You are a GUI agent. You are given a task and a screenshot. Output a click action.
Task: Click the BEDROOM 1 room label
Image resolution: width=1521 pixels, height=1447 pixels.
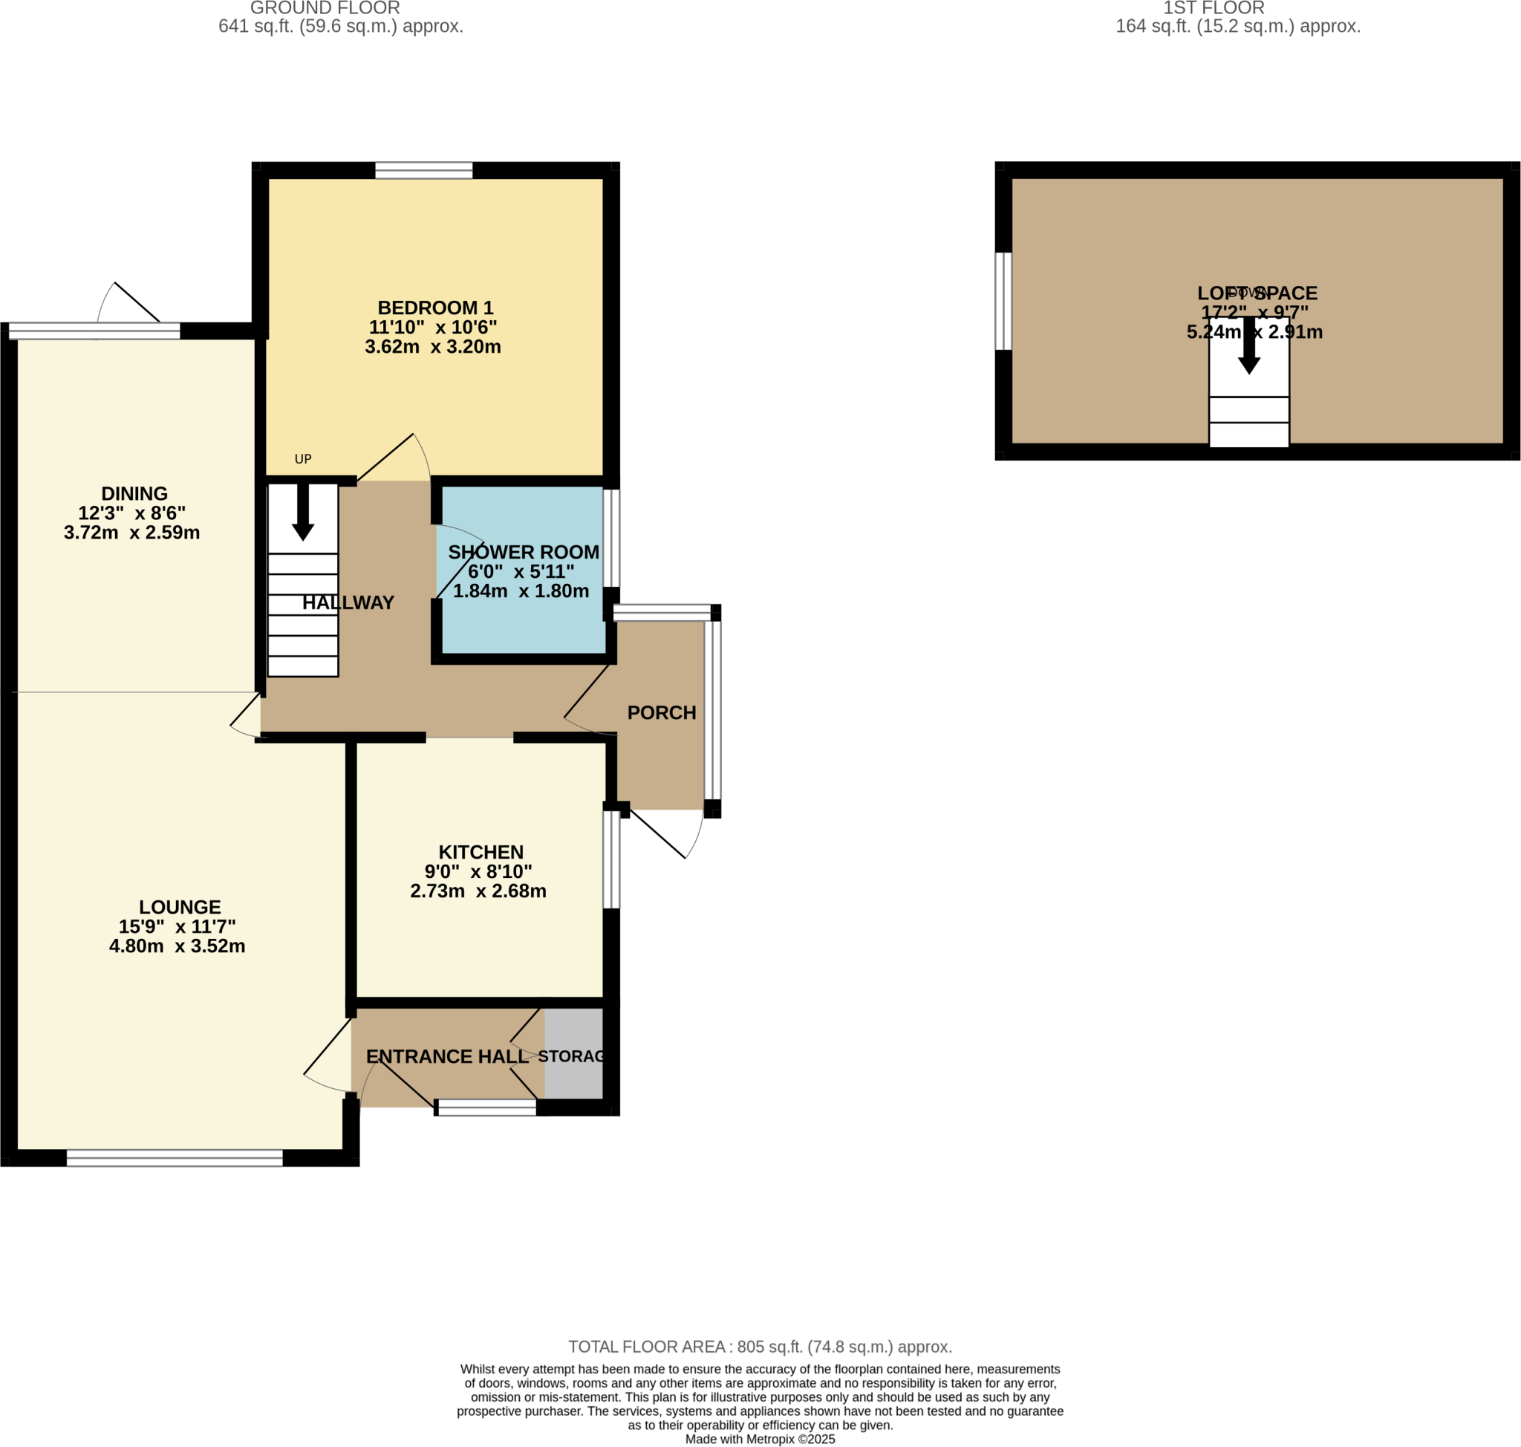pyautogui.click(x=435, y=308)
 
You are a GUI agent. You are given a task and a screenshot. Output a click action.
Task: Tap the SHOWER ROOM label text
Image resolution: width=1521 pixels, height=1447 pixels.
pyautogui.click(x=523, y=552)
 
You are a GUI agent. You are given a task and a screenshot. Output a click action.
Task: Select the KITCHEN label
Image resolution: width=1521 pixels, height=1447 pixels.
pyautogui.click(x=481, y=851)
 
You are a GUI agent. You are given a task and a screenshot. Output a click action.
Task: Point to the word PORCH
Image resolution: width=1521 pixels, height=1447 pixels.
pyautogui.click(x=661, y=712)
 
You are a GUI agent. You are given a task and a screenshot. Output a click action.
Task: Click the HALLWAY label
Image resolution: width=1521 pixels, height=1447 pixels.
pyautogui.click(x=348, y=602)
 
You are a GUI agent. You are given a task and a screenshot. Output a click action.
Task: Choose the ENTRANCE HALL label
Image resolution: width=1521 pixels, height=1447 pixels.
pyautogui.click(x=446, y=1057)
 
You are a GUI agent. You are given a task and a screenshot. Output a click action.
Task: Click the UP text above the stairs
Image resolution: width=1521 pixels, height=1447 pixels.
pyautogui.click(x=303, y=459)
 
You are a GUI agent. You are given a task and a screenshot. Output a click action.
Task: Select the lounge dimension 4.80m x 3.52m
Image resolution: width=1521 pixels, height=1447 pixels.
pyautogui.click(x=177, y=946)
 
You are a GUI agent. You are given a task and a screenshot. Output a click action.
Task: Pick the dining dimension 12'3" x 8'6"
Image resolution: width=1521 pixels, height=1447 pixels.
pyautogui.click(x=132, y=513)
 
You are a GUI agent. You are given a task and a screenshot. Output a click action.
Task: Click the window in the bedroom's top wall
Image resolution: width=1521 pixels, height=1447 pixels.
pyautogui.click(x=423, y=170)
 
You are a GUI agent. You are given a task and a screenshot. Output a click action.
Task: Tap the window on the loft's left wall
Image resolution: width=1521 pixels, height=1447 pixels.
pyautogui.click(x=1003, y=301)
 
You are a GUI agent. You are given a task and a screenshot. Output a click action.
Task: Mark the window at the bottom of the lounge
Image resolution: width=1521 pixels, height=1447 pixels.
pyautogui.click(x=175, y=1158)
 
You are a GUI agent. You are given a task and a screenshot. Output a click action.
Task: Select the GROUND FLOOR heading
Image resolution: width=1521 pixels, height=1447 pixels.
pyautogui.click(x=325, y=8)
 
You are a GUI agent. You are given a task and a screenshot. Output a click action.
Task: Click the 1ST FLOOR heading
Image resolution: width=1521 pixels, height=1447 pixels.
pyautogui.click(x=1214, y=8)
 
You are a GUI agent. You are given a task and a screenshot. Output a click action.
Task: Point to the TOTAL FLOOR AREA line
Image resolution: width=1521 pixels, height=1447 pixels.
pyautogui.click(x=760, y=1347)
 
